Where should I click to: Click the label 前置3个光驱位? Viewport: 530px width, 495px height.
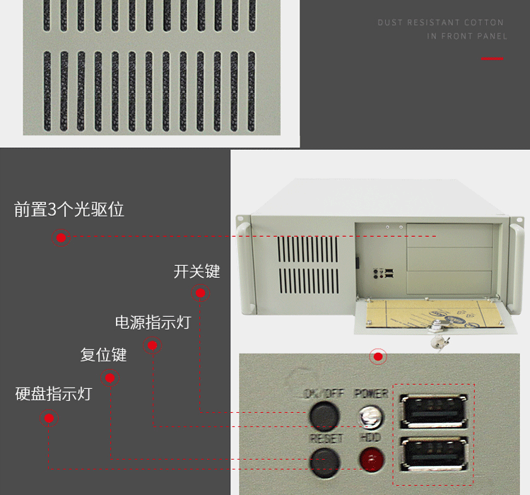pyautogui.click(x=69, y=209)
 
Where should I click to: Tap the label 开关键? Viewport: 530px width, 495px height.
pyautogui.click(x=197, y=272)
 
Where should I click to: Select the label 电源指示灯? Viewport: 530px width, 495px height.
pyautogui.click(x=153, y=323)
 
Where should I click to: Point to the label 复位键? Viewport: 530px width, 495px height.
pyautogui.click(x=103, y=354)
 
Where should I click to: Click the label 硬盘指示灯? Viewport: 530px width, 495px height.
pyautogui.click(x=54, y=394)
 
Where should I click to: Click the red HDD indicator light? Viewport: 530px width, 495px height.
pyautogui.click(x=369, y=460)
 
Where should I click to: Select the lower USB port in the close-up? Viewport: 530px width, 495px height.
pyautogui.click(x=435, y=455)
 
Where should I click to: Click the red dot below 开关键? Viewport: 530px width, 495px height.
pyautogui.click(x=200, y=293)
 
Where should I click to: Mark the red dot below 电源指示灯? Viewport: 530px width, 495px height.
pyautogui.click(x=152, y=346)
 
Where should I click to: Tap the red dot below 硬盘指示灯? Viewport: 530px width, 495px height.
pyautogui.click(x=49, y=419)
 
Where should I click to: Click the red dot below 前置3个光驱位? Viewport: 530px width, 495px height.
pyautogui.click(x=61, y=238)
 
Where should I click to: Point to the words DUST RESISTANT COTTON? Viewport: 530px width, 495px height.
pyautogui.click(x=441, y=23)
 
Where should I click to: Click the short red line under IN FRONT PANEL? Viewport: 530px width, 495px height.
pyautogui.click(x=493, y=59)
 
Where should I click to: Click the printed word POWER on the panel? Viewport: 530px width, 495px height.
pyautogui.click(x=370, y=393)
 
